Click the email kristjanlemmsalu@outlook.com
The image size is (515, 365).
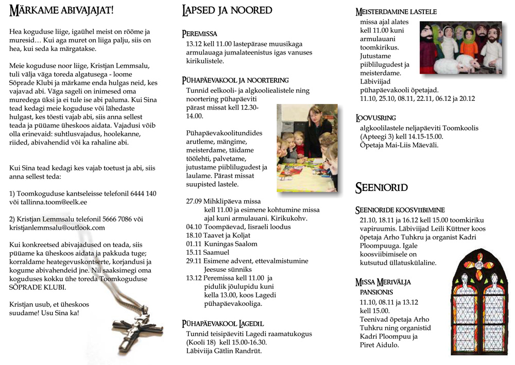(x=57, y=228)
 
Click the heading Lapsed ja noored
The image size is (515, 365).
(x=227, y=10)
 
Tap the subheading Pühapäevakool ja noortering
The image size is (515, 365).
(x=235, y=80)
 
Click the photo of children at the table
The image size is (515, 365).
(x=307, y=148)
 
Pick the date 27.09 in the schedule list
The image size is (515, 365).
(x=194, y=201)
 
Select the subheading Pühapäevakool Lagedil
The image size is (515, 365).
(x=223, y=324)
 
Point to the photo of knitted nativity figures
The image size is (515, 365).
(x=460, y=48)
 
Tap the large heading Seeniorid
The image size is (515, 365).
(x=381, y=188)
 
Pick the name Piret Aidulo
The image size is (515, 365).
(x=379, y=345)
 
